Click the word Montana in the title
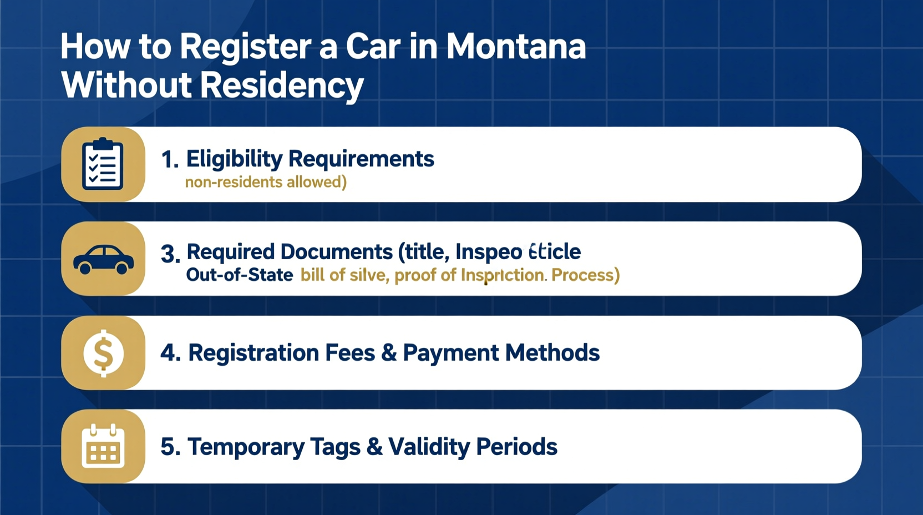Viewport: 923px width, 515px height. point(516,47)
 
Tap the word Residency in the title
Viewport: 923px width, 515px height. point(281,86)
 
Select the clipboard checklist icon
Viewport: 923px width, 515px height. point(103,164)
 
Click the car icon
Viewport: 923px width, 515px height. point(103,259)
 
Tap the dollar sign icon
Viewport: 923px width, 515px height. point(103,353)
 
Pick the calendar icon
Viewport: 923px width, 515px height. point(103,447)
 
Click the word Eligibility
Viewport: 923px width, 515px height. point(234,159)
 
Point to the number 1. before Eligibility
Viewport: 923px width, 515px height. point(170,160)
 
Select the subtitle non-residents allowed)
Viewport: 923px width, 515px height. point(266,182)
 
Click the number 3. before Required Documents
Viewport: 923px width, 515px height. point(170,254)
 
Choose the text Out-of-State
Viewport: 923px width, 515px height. point(240,275)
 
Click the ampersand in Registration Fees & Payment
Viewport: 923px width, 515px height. point(389,353)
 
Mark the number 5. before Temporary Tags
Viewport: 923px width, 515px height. point(170,447)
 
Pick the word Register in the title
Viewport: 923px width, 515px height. point(245,47)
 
